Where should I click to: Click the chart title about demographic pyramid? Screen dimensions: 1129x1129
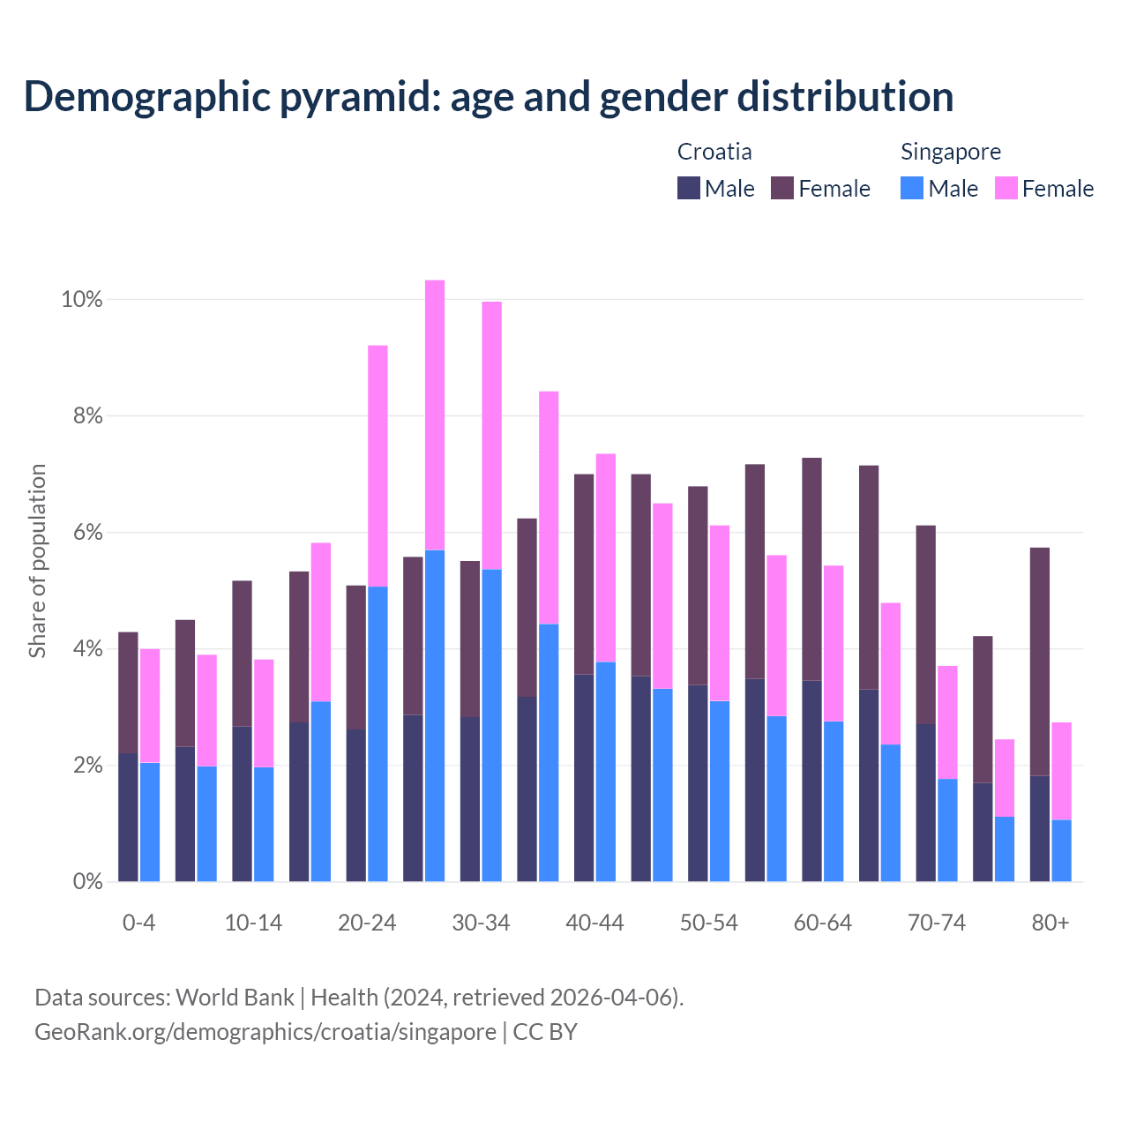tap(488, 97)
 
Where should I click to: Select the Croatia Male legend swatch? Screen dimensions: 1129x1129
tap(689, 188)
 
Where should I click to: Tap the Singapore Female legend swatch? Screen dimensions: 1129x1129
tap(1006, 188)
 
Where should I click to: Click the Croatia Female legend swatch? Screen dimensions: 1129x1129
tap(782, 188)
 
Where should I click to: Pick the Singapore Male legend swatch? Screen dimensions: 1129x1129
tap(912, 188)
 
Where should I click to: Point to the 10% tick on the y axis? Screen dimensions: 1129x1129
tap(82, 300)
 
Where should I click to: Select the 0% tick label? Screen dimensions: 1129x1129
tap(86, 881)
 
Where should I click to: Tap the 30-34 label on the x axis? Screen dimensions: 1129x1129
tap(481, 923)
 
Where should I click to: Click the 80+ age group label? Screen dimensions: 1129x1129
tap(1050, 923)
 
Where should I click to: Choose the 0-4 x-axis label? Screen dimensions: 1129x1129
tap(139, 923)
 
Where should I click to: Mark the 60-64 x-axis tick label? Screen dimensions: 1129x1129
tap(823, 923)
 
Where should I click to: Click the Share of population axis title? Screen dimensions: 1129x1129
tap(38, 561)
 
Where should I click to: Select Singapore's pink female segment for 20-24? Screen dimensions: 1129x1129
tap(378, 466)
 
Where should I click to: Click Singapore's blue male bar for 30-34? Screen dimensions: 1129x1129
tap(492, 725)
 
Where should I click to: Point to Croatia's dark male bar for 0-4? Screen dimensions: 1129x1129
tap(129, 817)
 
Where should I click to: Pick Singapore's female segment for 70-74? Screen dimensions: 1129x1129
tap(947, 722)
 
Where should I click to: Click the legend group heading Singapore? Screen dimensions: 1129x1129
tap(951, 152)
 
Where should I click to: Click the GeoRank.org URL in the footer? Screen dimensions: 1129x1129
tap(265, 1032)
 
